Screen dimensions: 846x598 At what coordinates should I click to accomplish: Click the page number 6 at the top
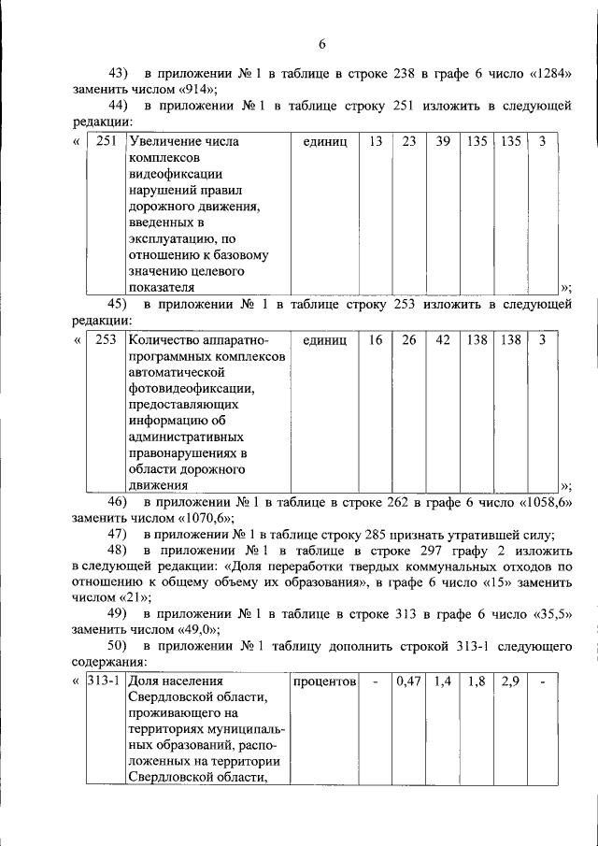(x=321, y=44)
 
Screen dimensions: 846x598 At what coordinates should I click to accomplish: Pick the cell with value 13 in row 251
(x=375, y=142)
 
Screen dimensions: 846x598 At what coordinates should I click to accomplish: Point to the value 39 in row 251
(x=443, y=142)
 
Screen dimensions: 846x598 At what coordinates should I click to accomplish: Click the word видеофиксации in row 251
(x=175, y=174)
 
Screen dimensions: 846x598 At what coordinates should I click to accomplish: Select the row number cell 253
(x=106, y=340)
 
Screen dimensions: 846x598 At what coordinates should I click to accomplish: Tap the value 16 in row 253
(x=375, y=340)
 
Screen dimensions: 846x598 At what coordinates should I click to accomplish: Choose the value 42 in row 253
(x=443, y=340)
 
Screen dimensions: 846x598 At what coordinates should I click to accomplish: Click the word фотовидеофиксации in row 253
(x=185, y=388)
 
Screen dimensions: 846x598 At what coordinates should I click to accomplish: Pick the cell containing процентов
(x=325, y=681)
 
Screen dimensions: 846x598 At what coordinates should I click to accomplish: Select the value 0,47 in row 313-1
(x=408, y=681)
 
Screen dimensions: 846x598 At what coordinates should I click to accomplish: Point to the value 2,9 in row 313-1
(x=509, y=681)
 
